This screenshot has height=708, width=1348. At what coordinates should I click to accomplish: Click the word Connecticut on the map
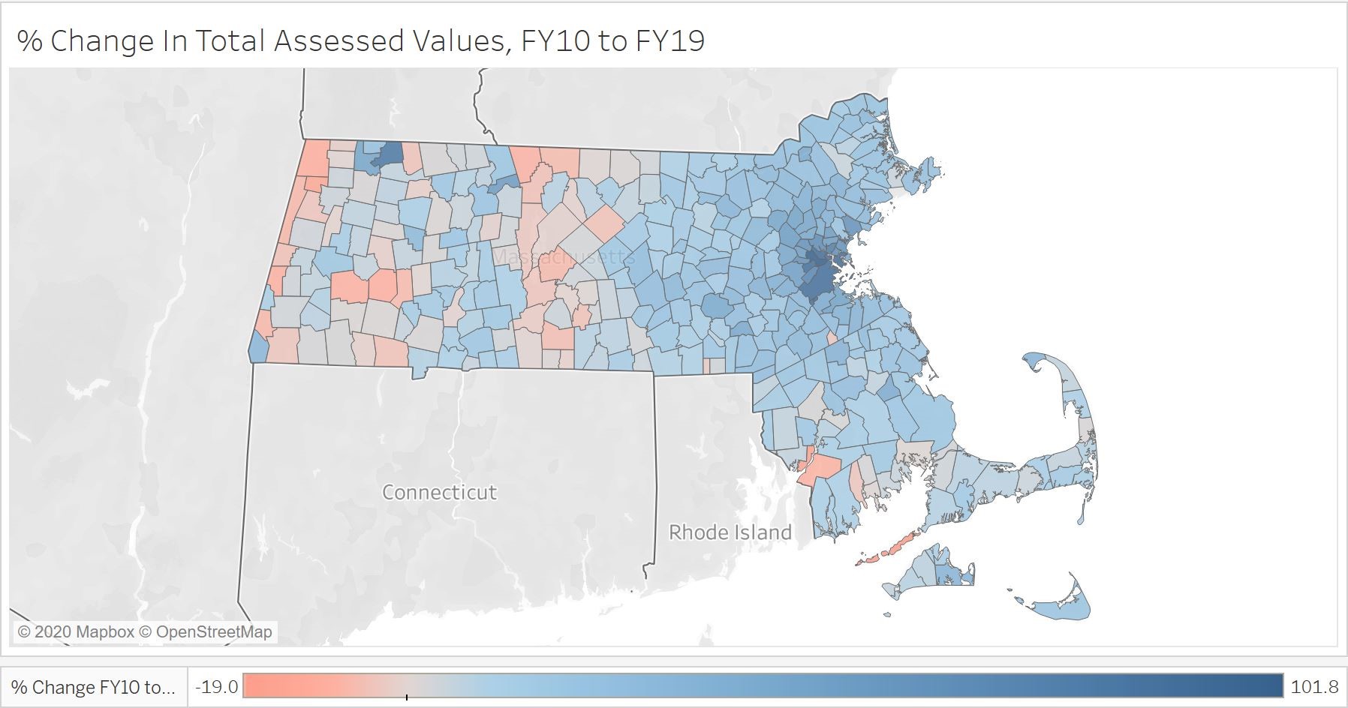[439, 492]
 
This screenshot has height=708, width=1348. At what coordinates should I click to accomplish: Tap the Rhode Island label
[730, 532]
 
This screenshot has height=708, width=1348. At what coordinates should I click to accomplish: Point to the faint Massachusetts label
[563, 257]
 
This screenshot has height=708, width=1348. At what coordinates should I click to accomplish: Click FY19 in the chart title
[670, 40]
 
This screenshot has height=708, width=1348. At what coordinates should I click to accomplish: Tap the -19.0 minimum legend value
[216, 686]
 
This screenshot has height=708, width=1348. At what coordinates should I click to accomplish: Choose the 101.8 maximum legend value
[1314, 686]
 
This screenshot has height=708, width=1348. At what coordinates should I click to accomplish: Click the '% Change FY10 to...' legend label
[93, 687]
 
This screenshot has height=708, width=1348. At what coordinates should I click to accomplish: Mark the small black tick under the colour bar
[407, 697]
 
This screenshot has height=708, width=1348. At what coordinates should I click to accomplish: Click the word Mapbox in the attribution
[104, 632]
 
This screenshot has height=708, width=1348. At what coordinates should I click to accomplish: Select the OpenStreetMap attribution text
[214, 632]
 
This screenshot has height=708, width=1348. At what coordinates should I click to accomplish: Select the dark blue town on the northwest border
[387, 154]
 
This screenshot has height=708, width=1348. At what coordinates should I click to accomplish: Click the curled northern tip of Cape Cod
[1034, 362]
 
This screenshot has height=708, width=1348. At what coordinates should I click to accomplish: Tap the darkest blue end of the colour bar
[1268, 685]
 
